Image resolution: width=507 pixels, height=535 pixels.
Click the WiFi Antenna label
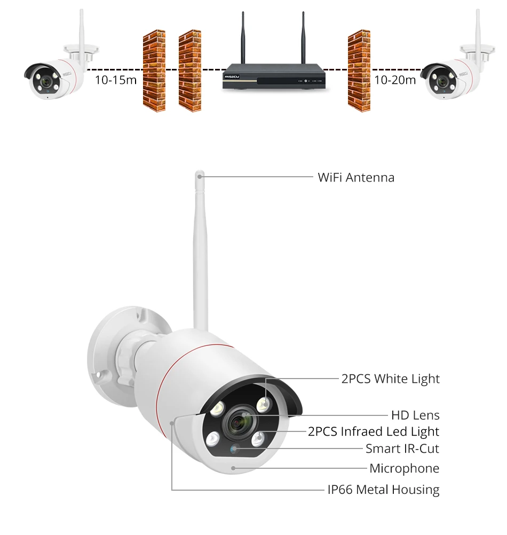356,177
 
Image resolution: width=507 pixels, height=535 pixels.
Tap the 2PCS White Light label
390,379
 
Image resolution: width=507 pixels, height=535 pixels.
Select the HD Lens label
415,415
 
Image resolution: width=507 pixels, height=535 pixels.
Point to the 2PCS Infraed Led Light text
374,431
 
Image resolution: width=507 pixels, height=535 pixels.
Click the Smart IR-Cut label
402,449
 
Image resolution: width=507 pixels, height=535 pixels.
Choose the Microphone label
405,468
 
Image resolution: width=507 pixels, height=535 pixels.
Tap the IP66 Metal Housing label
383,489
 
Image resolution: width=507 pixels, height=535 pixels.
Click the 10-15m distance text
116,81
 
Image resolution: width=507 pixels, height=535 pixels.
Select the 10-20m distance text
395,81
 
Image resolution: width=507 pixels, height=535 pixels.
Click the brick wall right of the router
359,70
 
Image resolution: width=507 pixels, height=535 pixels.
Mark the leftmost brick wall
154,70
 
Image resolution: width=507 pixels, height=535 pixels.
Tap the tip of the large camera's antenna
200,175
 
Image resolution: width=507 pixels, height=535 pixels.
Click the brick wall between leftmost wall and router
189,70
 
